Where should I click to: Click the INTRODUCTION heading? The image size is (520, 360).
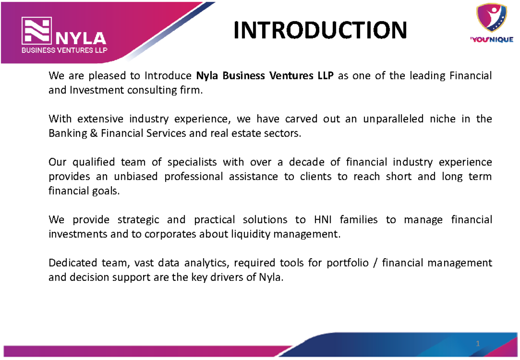(x=320, y=30)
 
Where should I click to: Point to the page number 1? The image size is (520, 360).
(x=478, y=344)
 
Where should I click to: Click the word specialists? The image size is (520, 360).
(x=192, y=162)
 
